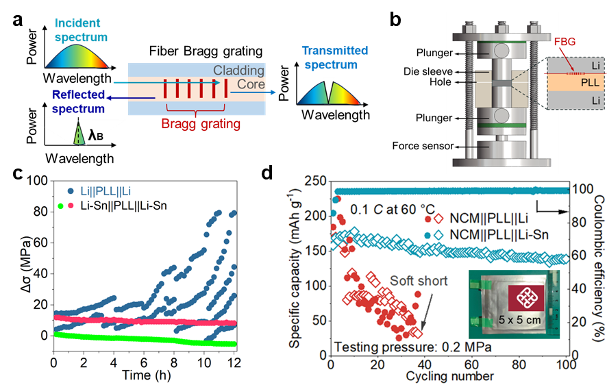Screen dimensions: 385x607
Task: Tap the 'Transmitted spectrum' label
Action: pyautogui.click(x=336, y=58)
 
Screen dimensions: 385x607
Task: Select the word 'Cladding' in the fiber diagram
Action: pyautogui.click(x=238, y=71)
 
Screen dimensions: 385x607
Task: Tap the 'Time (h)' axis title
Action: pyautogui.click(x=145, y=373)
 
